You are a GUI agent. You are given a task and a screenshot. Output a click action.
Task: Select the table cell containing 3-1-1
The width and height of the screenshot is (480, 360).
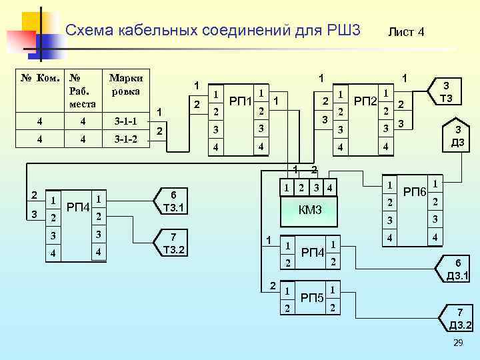[x=126, y=122]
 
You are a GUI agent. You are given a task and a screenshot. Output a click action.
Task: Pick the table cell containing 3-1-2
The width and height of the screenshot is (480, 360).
[x=126, y=140]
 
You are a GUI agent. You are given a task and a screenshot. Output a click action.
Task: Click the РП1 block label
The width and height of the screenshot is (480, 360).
[x=240, y=101]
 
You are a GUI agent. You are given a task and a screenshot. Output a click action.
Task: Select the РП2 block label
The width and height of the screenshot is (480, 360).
[x=365, y=101]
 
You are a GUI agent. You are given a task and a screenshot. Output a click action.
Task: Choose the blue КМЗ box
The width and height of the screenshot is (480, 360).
[x=310, y=211]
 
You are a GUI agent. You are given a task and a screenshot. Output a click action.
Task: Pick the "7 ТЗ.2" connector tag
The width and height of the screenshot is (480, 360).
[x=175, y=243]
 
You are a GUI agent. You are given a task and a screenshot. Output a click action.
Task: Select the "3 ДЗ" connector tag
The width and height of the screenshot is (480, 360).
[x=457, y=136]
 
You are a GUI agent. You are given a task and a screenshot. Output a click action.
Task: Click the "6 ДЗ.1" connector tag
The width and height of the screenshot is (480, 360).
[x=458, y=269]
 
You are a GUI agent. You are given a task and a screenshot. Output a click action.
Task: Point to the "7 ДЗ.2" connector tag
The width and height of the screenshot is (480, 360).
[x=459, y=319]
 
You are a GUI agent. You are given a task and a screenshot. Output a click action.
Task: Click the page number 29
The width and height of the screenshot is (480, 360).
[x=457, y=342]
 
